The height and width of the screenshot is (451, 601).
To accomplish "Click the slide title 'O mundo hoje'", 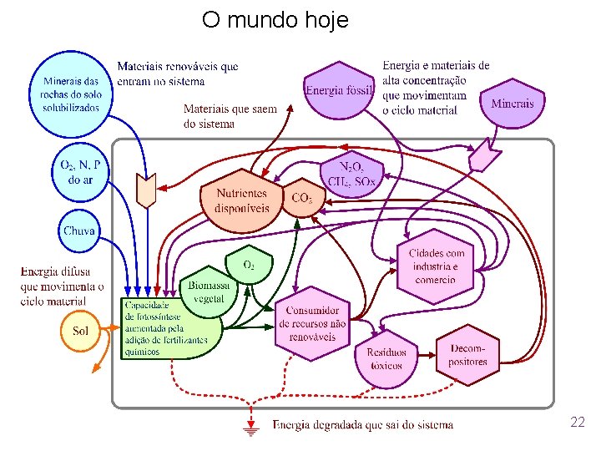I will [x=275, y=19].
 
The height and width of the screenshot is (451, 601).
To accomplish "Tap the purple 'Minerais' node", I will [x=512, y=104].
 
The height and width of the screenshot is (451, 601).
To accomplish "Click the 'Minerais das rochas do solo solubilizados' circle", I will [x=70, y=94].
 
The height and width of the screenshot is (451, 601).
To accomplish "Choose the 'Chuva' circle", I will [x=79, y=231].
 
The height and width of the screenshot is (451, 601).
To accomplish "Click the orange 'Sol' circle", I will [x=80, y=332].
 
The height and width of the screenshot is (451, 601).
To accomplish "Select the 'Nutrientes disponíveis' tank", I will [x=242, y=201].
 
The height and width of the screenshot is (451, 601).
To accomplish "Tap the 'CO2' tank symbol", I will [x=302, y=199].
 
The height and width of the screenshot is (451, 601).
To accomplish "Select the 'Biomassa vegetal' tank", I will [x=208, y=292].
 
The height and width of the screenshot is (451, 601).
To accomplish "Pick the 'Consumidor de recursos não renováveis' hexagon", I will [x=312, y=324].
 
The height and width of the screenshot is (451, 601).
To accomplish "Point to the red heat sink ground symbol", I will [x=249, y=428].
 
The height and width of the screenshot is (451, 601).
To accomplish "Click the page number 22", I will [x=577, y=422].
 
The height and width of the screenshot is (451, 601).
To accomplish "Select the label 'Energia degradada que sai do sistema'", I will [x=363, y=424].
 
